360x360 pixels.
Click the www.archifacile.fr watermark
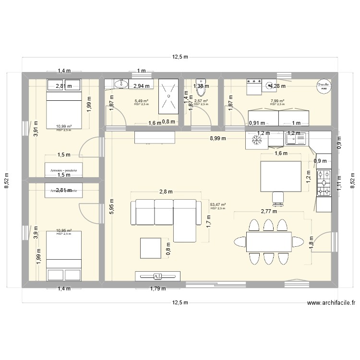coord(331,303)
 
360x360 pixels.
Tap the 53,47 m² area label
coord(217,204)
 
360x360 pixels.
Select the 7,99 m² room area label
coord(277,101)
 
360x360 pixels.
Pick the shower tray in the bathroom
coord(168,96)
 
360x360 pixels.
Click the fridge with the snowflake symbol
coord(254,140)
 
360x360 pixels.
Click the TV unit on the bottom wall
coord(158,276)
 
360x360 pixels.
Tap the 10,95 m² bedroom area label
coord(63,230)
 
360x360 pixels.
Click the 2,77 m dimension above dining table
coord(269,211)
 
